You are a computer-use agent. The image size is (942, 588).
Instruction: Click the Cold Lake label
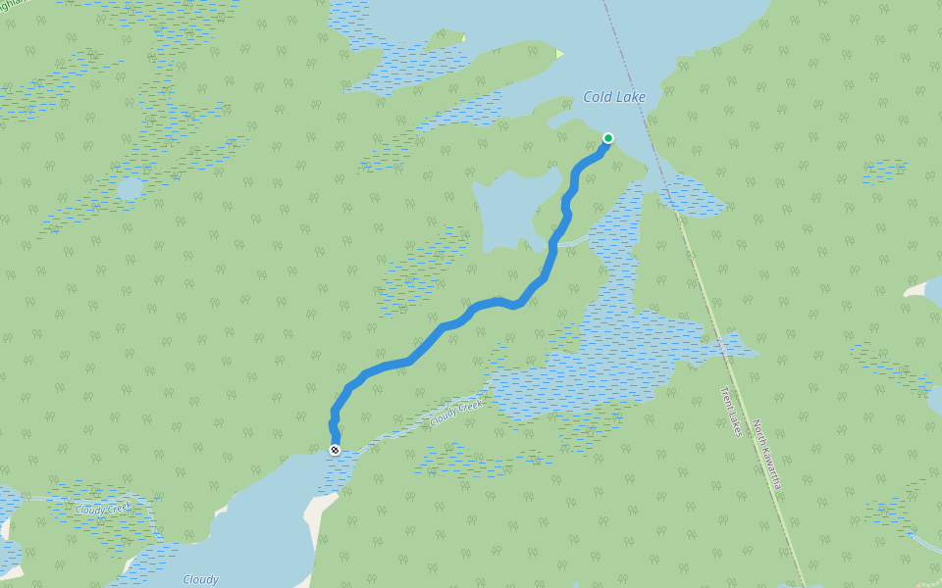click(x=614, y=97)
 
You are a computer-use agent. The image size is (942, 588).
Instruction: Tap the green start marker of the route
click(x=608, y=138)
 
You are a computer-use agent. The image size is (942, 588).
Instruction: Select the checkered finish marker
click(x=336, y=450)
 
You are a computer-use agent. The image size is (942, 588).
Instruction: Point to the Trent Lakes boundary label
click(x=731, y=411)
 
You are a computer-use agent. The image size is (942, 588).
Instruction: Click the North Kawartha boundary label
click(x=766, y=455)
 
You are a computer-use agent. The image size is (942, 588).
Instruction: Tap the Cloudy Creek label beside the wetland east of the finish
click(x=456, y=414)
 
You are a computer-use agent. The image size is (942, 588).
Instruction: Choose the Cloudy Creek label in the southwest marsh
click(x=103, y=509)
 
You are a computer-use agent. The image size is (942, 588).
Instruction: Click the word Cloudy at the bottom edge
click(x=200, y=579)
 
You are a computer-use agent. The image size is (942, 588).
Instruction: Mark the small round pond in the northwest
click(x=130, y=188)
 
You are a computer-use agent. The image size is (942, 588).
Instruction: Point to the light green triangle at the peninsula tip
click(x=559, y=53)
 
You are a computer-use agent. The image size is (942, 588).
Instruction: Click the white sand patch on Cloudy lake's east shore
click(x=318, y=510)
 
